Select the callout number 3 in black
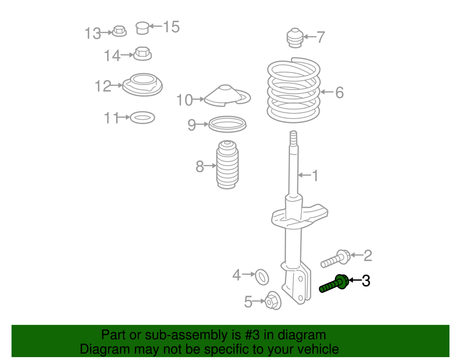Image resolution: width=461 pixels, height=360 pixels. (366, 280)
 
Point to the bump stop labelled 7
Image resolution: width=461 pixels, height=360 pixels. (294, 38)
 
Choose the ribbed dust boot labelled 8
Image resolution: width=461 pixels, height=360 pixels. (227, 165)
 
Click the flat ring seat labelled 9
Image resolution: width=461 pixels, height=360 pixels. (227, 124)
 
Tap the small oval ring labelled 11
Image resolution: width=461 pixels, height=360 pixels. (142, 117)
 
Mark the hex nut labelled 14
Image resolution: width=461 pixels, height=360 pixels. (142, 53)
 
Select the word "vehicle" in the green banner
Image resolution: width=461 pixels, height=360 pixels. (315, 349)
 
